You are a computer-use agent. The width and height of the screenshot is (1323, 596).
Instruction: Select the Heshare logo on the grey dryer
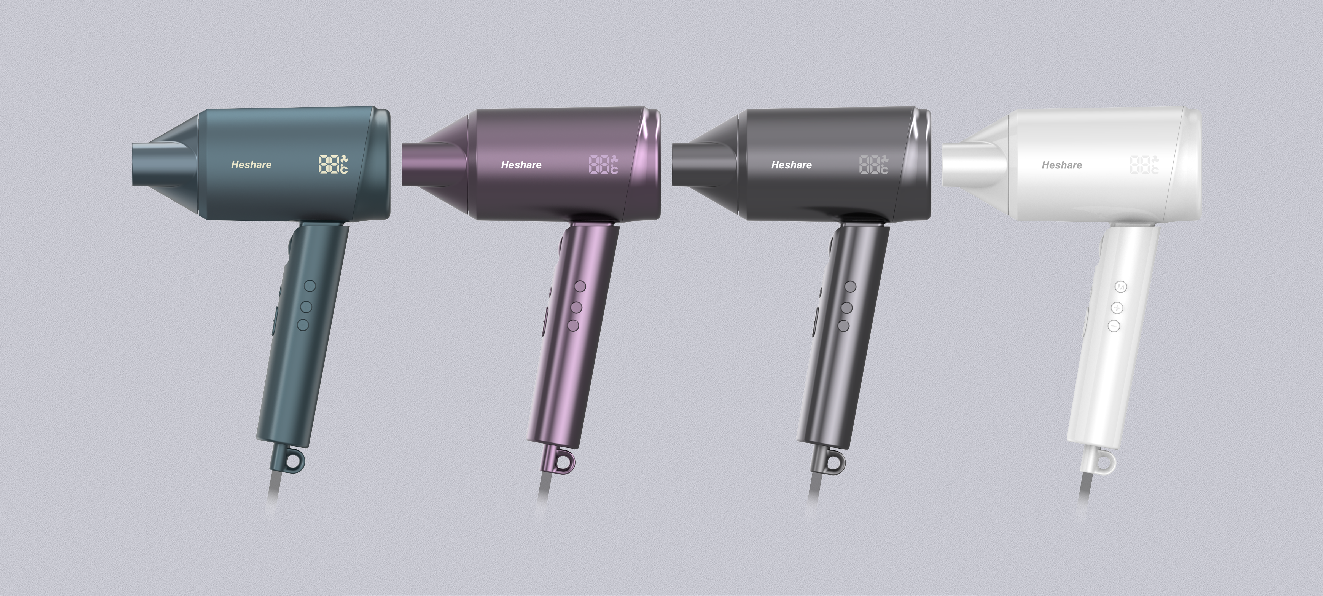tap(791, 165)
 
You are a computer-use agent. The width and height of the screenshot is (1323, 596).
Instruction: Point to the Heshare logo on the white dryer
tap(1062, 165)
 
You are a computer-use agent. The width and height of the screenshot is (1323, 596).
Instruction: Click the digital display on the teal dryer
tap(333, 164)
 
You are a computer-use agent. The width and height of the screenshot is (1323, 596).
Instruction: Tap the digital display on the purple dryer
tap(603, 164)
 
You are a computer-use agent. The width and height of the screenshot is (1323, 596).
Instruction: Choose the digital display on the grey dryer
tap(874, 164)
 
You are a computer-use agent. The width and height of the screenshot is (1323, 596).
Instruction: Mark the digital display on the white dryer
tap(1144, 164)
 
